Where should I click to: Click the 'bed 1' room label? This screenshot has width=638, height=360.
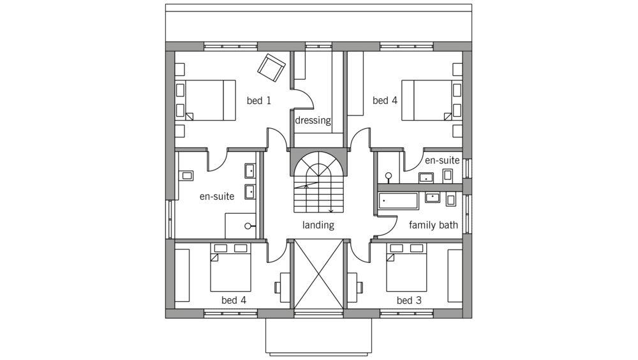coord(259,101)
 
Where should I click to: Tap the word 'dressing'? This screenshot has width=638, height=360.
coord(313,121)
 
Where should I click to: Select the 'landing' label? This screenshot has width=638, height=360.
coord(318,225)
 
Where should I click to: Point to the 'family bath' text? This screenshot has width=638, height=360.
coord(433,225)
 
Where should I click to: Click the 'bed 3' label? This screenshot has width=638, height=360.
coord(409,301)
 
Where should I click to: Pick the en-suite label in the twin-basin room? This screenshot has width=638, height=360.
coord(217,197)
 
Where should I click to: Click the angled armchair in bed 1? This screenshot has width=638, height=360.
coord(271,68)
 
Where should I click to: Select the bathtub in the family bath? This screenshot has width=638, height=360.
coord(398,201)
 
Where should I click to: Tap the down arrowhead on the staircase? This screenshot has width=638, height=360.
coord(330,211)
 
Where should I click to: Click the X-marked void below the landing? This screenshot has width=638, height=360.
coord(318,274)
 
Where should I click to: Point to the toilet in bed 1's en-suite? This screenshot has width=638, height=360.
coord(186,176)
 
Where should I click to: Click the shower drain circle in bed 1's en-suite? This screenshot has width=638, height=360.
coord(248,226)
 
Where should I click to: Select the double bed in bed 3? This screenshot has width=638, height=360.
coord(406,267)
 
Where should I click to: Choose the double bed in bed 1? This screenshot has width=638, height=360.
coord(205,100)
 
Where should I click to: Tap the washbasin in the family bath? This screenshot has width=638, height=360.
coord(433,197)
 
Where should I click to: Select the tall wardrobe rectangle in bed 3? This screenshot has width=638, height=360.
coord(455,276)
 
